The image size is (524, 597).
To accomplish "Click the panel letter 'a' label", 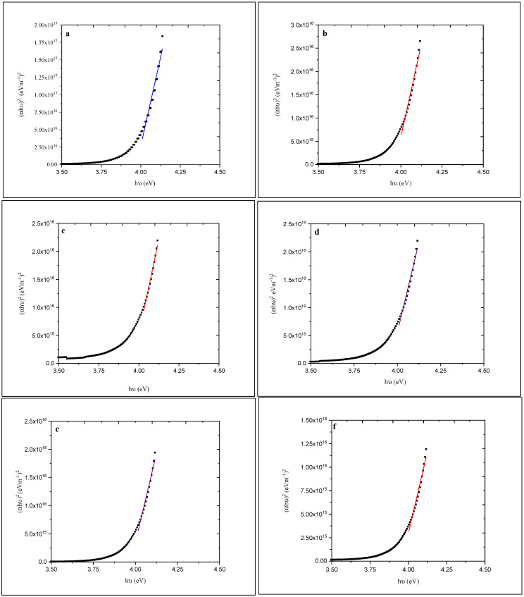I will (67, 33).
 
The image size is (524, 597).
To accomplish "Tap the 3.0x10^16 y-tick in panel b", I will (302, 25).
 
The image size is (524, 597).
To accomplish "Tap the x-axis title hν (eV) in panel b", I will (400, 182).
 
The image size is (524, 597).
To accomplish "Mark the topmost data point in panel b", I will (420, 41).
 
